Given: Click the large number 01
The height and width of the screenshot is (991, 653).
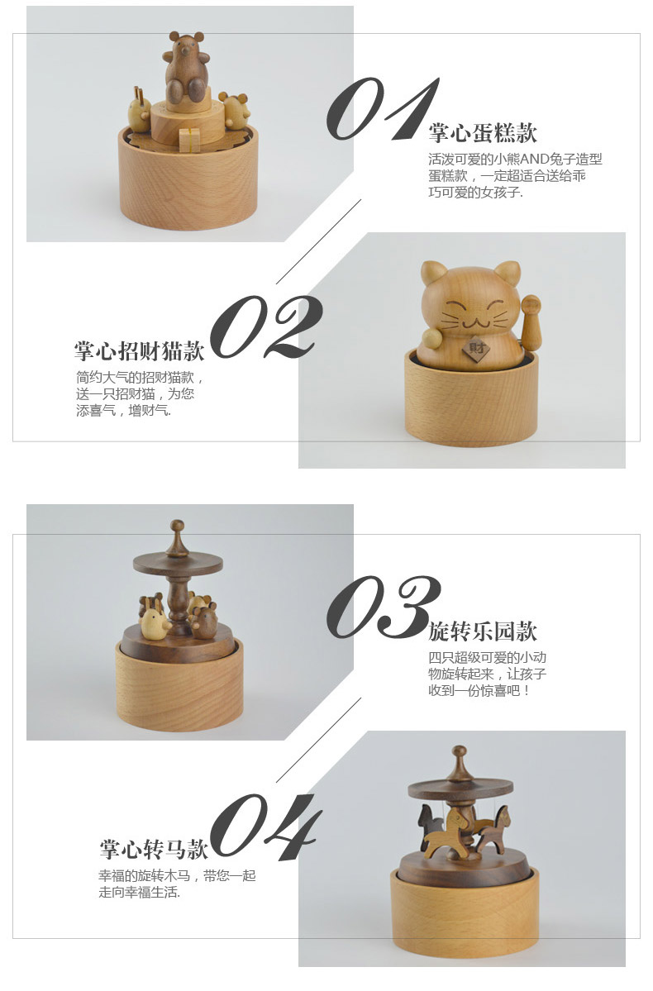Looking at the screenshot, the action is [x=383, y=109].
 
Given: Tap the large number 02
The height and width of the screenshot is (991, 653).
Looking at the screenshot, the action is [x=265, y=326].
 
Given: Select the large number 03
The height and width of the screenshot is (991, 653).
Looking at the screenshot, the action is [x=383, y=607].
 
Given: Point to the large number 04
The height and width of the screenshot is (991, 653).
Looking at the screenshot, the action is [x=265, y=826].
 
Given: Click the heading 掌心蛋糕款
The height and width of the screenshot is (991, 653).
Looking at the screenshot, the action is [x=483, y=133].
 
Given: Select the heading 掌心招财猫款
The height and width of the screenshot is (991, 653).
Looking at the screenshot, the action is [x=139, y=350].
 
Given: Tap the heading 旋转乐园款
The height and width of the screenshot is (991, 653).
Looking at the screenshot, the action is [x=483, y=631].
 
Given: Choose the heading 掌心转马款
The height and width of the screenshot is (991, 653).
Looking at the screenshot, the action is [x=153, y=849].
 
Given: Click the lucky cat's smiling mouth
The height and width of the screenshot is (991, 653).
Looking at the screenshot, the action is [x=471, y=324].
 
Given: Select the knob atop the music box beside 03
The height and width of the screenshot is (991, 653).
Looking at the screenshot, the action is [x=178, y=526].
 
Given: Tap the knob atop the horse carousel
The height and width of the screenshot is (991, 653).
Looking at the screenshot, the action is [x=460, y=753].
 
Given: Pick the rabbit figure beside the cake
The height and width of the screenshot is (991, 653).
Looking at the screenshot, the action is [x=139, y=109].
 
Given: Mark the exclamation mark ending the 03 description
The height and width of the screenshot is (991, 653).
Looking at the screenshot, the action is [x=527, y=691].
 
